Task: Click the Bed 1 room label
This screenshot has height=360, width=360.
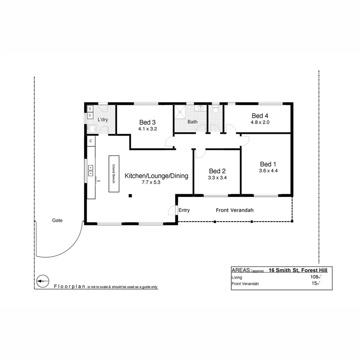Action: (268, 164)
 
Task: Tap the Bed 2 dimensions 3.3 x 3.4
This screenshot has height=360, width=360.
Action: (217, 178)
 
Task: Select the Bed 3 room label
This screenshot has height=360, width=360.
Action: (147, 122)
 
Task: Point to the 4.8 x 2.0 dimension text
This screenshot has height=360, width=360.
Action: (260, 122)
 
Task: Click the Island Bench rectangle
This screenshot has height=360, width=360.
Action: (114, 174)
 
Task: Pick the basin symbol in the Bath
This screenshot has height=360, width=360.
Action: (200, 108)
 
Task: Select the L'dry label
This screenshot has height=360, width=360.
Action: (103, 120)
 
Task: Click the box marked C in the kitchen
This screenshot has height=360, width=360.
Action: (91, 141)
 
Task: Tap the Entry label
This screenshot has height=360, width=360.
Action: (184, 210)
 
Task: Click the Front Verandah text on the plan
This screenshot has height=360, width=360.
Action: (235, 210)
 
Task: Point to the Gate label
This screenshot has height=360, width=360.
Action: (57, 220)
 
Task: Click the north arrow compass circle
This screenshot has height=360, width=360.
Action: (42, 281)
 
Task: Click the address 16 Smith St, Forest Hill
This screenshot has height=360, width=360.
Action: (298, 270)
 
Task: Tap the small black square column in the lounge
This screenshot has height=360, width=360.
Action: (130, 196)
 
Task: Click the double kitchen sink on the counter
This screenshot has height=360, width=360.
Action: (91, 171)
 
